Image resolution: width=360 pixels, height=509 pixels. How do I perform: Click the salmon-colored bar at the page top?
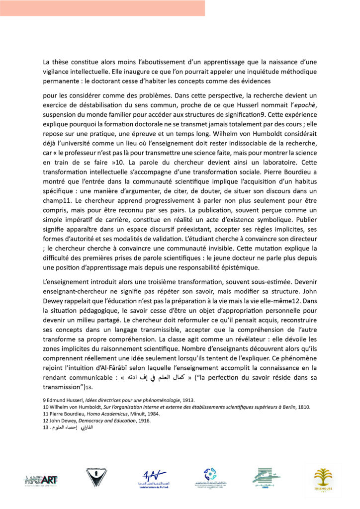click(x=102, y=8)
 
